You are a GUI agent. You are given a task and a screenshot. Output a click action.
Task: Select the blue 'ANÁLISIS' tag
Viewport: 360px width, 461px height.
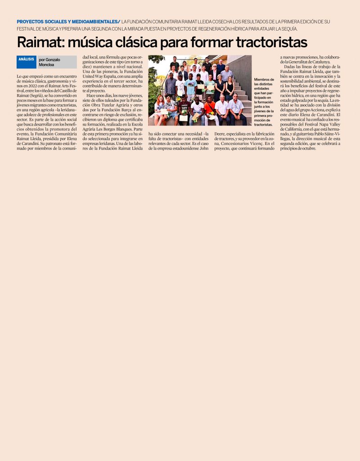[26, 59]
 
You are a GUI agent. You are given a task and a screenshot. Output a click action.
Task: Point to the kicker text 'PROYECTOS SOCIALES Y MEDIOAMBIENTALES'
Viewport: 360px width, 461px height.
[67, 22]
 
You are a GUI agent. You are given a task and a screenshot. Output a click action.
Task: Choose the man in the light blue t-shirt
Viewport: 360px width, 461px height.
[190, 86]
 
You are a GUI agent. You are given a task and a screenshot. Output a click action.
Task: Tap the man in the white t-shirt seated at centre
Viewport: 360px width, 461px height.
[197, 110]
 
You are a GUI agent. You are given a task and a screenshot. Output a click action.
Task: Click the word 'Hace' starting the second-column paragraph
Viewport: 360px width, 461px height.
[91, 95]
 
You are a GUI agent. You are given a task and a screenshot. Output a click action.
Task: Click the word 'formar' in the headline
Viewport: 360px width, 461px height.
[210, 43]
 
